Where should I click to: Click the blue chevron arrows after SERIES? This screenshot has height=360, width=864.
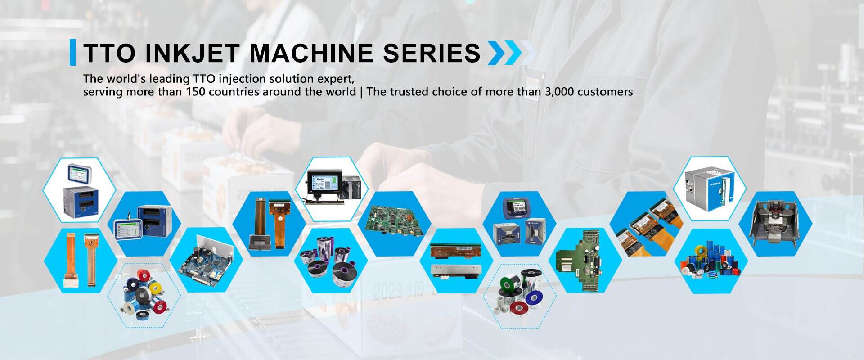[505, 53]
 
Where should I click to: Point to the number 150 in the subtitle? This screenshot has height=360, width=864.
[197, 92]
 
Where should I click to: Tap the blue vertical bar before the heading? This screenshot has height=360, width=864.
[72, 52]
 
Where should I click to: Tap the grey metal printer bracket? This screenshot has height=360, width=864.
[775, 224]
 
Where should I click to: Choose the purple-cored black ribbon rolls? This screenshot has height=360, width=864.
[331, 261]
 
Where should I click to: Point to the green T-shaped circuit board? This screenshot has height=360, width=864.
[584, 260]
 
